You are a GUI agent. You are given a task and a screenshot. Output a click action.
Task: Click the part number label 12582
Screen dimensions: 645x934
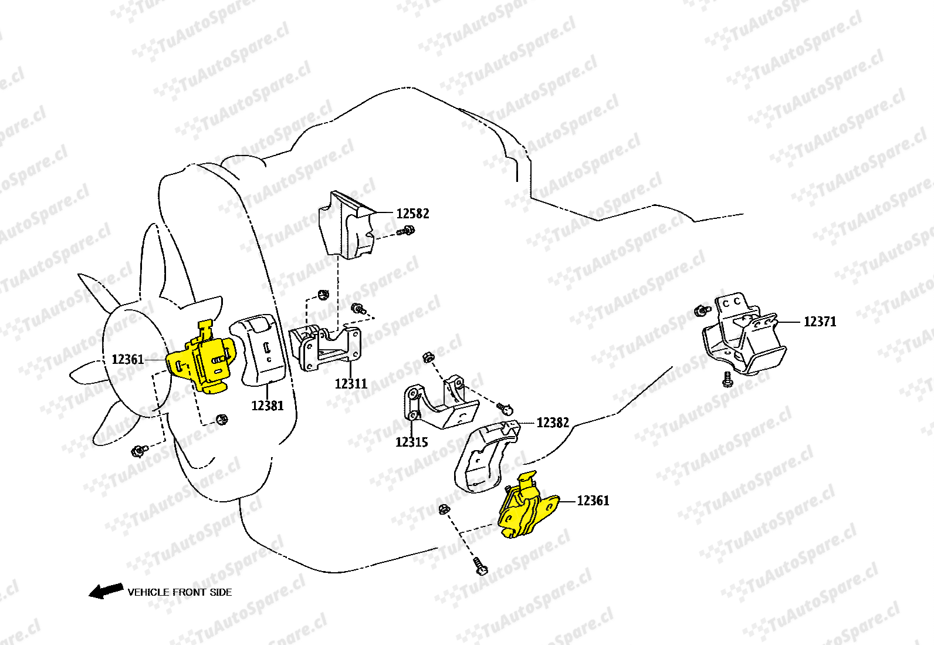point(412,214)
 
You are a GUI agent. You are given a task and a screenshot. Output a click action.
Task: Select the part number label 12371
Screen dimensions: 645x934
point(820,322)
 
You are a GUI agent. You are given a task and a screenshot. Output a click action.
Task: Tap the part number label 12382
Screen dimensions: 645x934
point(553,423)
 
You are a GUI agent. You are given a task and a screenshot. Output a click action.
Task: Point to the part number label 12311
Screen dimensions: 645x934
point(351,384)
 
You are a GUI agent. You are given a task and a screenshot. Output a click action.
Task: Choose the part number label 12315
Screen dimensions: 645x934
point(412,443)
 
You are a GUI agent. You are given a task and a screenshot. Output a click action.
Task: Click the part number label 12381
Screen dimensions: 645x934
point(268,406)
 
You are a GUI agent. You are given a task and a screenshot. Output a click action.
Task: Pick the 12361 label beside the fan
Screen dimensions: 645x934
point(128,359)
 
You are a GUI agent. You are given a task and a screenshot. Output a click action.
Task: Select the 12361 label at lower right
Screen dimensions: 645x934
point(593,501)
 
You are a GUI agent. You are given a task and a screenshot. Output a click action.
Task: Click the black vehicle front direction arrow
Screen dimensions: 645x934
point(106,590)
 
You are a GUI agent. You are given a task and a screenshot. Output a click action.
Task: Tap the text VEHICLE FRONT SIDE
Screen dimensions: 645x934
point(180,592)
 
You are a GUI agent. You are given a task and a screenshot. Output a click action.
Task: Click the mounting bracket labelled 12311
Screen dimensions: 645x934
point(326,347)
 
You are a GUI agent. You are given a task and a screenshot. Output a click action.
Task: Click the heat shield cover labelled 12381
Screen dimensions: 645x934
point(262,351)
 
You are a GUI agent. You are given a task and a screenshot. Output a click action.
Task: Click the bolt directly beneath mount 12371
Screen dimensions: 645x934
point(728,379)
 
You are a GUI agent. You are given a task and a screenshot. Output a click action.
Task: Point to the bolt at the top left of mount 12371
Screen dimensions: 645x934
point(701,310)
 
